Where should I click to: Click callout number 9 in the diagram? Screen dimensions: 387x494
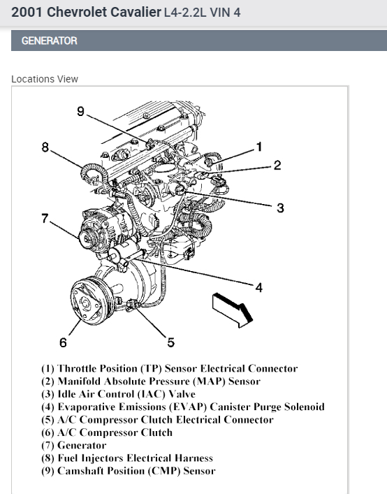[80, 111]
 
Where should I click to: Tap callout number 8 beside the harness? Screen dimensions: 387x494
[45, 147]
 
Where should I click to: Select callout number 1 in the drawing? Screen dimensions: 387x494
[259, 147]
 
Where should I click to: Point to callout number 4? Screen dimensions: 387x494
[258, 287]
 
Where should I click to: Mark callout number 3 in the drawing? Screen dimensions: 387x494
[280, 208]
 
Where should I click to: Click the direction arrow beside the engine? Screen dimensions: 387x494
[233, 310]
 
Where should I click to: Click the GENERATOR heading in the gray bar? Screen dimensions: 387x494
[50, 41]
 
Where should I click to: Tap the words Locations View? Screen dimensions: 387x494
[45, 79]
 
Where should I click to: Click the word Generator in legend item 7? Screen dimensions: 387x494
[82, 445]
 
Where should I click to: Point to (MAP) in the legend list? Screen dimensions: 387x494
[209, 382]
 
